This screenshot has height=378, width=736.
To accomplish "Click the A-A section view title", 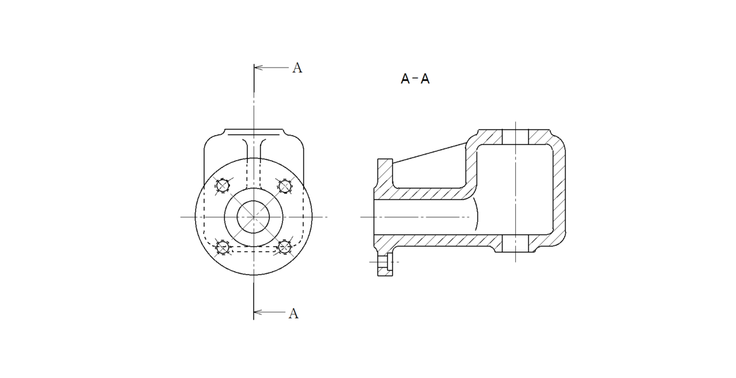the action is pos(415,79).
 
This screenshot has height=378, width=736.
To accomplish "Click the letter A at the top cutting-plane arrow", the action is pos(297,67).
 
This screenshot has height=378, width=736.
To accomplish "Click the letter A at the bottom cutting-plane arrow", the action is pos(293,314).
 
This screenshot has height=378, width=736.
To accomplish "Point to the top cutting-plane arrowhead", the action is pos(258,67).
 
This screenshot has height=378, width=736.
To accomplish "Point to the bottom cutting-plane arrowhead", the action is pos(258,312).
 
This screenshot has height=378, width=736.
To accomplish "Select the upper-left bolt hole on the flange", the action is pos(223,186).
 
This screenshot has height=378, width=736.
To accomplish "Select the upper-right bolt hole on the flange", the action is pos(285,187).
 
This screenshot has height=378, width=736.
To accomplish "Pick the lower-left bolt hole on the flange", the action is pos(223,247).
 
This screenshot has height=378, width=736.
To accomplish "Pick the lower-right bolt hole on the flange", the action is pos(285,247).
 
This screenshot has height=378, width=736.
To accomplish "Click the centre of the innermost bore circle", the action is pos(253,217).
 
